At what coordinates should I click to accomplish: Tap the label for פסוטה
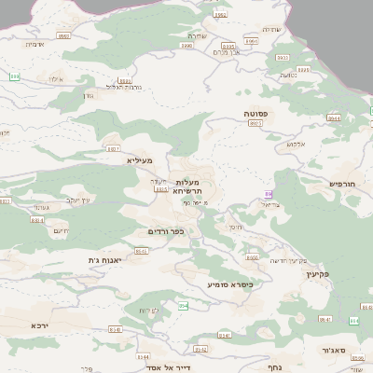255,114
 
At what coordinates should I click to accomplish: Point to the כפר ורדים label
164,231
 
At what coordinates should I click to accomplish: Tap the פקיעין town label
318,275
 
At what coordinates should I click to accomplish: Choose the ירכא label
39,325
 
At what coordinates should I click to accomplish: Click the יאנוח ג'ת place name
105,260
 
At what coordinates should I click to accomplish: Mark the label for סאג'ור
336,351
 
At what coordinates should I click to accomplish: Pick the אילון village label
53,80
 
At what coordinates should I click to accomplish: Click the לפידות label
150,309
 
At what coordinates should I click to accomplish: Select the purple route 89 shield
269,194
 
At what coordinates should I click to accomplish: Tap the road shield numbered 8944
333,118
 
